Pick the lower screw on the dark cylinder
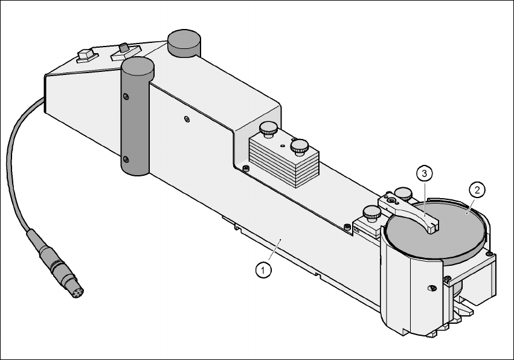pyautogui.click(x=126, y=159)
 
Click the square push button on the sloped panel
pyautogui.click(x=88, y=56)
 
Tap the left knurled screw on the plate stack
pyautogui.click(x=268, y=129)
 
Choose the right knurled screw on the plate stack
pyautogui.click(x=299, y=147)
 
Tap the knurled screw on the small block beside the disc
pyautogui.click(x=370, y=213)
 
